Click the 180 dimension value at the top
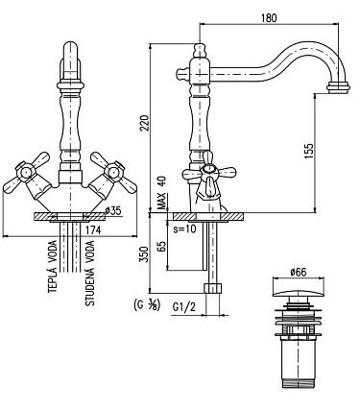(x=269, y=17)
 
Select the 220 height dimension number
(x=145, y=123)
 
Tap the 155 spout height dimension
(x=309, y=152)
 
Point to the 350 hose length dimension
(x=145, y=254)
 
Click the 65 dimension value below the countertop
(x=162, y=246)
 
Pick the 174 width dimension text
(x=93, y=229)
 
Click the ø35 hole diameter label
(x=113, y=210)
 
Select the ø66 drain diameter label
(x=299, y=272)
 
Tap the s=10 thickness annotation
(x=184, y=229)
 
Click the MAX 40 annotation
(x=163, y=193)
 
